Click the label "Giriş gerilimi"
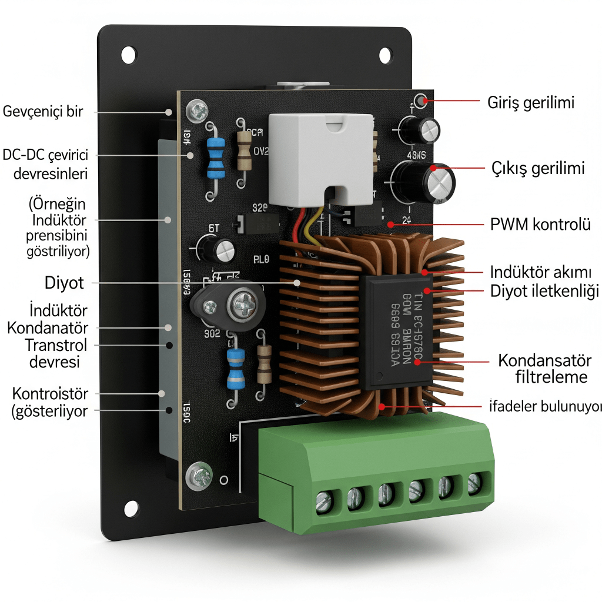coord(531,102)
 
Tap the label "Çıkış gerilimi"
coord(538,169)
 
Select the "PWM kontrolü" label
coord(540,224)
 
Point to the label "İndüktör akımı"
coord(540,272)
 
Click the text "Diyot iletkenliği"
coord(544,290)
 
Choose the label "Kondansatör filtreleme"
coord(543,368)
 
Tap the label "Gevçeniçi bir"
coord(43,111)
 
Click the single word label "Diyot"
coord(64,283)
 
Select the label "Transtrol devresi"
coord(56,353)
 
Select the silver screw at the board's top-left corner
coord(196,109)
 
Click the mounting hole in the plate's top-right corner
coord(385,55)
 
